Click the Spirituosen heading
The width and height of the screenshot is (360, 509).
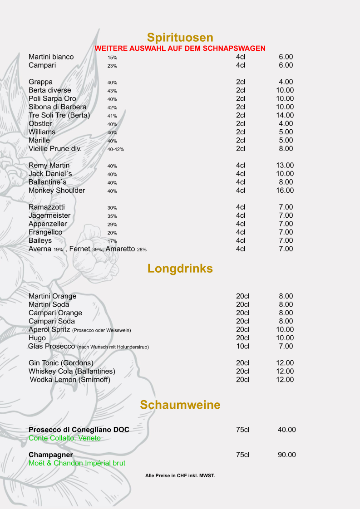tap(180, 37)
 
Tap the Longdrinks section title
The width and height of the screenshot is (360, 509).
tap(180, 269)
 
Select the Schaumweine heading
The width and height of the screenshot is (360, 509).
tap(180, 405)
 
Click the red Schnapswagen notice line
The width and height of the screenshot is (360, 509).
tap(180, 49)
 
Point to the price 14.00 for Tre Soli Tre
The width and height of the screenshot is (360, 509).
tap(285, 115)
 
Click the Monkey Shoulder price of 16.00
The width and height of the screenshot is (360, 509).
tap(285, 191)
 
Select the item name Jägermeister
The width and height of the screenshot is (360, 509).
tap(49, 215)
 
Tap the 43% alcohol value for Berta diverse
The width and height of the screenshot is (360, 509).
tap(112, 91)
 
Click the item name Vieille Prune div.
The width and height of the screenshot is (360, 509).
tap(55, 149)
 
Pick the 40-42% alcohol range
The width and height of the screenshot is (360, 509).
tap(116, 149)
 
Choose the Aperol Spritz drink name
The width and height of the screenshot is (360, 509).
tap(49, 329)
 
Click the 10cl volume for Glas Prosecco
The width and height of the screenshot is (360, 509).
tap(242, 347)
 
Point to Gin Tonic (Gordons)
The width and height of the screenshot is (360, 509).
tap(61, 363)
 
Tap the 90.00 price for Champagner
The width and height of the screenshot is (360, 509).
tap(286, 455)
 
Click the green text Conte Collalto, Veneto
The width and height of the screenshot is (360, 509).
tap(64, 438)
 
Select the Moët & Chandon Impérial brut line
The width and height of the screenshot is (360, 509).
tap(77, 463)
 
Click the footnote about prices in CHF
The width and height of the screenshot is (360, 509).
tap(180, 475)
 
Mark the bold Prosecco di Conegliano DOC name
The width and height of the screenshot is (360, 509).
tap(79, 430)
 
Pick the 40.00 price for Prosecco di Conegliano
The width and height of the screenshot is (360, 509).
tap(286, 430)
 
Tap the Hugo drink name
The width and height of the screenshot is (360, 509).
tap(37, 338)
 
